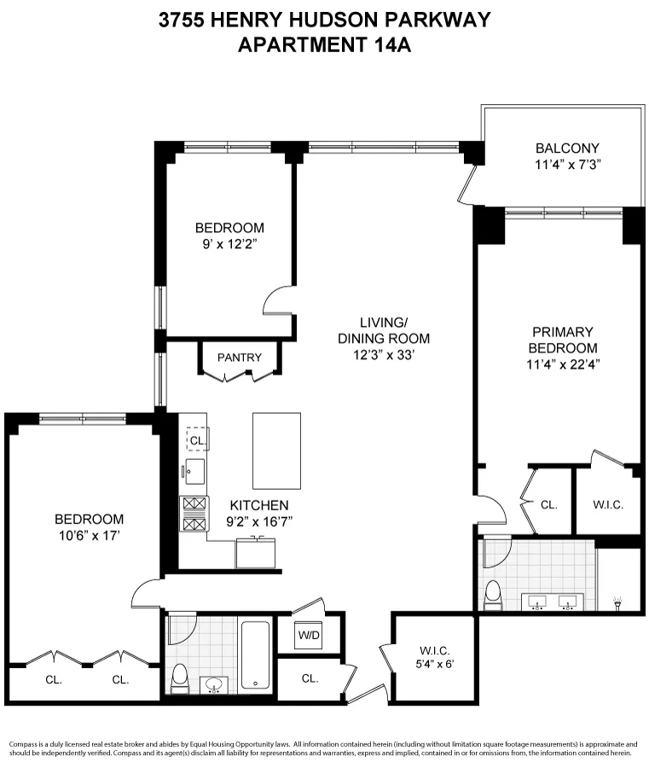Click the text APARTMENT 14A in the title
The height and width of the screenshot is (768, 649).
click(324, 45)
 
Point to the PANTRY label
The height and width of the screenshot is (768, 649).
click(239, 358)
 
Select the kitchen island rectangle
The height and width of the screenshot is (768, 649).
click(276, 451)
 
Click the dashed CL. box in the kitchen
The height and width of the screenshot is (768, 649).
click(197, 439)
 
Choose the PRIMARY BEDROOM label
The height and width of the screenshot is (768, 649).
click(562, 340)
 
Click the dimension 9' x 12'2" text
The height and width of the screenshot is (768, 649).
click(229, 244)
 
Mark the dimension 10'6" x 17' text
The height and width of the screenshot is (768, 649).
click(89, 535)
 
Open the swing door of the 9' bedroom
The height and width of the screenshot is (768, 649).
click(278, 301)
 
